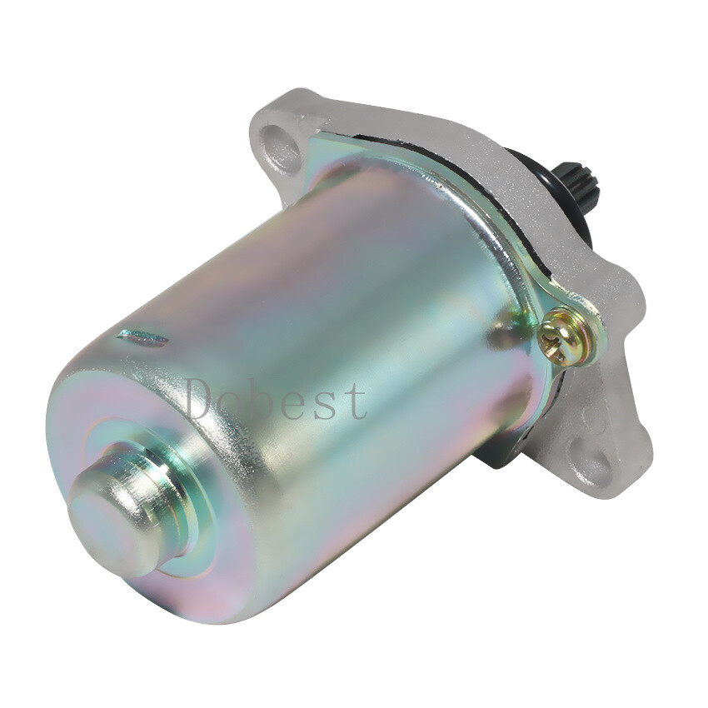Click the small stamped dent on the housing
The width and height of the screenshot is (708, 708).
coord(143,337)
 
